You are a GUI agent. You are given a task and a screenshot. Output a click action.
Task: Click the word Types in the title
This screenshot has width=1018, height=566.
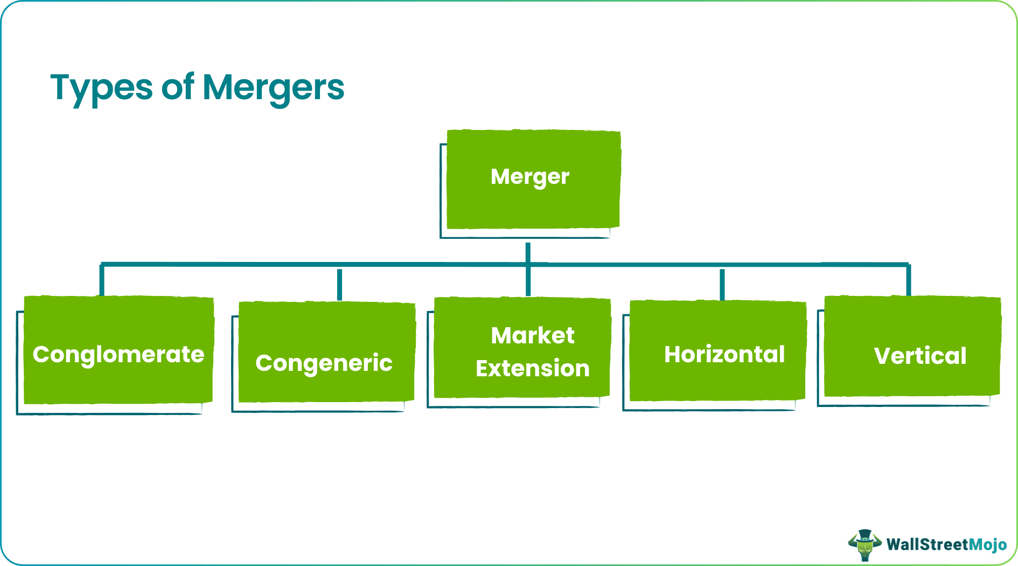pyautogui.click(x=101, y=88)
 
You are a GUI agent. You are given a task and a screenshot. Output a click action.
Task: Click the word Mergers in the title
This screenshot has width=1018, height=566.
pyautogui.click(x=273, y=88)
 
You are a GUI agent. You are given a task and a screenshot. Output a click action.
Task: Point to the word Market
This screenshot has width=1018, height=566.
pyautogui.click(x=532, y=336)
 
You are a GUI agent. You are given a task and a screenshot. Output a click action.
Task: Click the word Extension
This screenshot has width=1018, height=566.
pyautogui.click(x=532, y=369)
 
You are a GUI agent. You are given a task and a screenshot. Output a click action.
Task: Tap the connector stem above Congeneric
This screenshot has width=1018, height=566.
pyautogui.click(x=339, y=284)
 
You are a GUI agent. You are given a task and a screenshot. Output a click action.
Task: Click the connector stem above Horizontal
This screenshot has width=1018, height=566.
pyautogui.click(x=722, y=284)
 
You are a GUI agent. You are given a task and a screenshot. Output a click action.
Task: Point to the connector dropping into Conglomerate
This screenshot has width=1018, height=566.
pyautogui.click(x=101, y=280)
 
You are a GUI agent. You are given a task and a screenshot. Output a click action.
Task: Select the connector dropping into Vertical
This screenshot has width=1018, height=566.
pyautogui.click(x=908, y=280)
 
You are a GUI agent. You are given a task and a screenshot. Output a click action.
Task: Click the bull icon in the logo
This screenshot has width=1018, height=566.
pyautogui.click(x=864, y=544)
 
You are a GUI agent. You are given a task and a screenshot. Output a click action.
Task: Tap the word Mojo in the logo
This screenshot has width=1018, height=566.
pyautogui.click(x=988, y=545)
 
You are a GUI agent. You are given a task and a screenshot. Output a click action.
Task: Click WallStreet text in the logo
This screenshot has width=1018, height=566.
pyautogui.click(x=927, y=545)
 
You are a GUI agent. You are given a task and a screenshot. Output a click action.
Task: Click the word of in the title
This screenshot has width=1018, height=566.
pyautogui.click(x=177, y=87)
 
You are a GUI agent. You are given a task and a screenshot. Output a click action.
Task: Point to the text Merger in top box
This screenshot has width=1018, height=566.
pyautogui.click(x=529, y=177)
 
